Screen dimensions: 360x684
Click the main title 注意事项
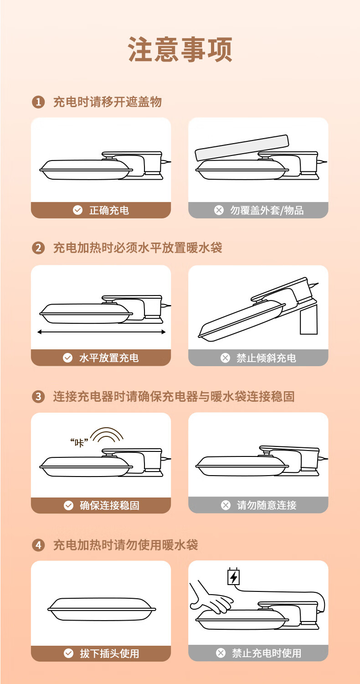pyautogui.click(x=180, y=49)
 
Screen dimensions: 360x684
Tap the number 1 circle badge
pyautogui.click(x=38, y=102)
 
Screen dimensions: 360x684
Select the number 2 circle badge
pyautogui.click(x=38, y=248)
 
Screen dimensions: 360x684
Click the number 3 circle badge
pyautogui.click(x=38, y=396)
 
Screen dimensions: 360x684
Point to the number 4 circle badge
pyautogui.click(x=38, y=545)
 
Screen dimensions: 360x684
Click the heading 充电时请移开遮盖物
pyautogui.click(x=108, y=102)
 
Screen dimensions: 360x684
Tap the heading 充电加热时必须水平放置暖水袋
pyautogui.click(x=138, y=248)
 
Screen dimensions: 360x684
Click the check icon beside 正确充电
pyautogui.click(x=78, y=210)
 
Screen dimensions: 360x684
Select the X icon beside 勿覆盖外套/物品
pyautogui.click(x=219, y=210)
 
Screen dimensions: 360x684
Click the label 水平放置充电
pyautogui.click(x=109, y=358)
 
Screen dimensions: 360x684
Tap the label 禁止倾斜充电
pyautogui.click(x=266, y=358)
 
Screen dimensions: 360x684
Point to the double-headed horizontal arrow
pyautogui.click(x=101, y=332)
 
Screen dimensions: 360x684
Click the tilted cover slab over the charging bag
pyautogui.click(x=242, y=147)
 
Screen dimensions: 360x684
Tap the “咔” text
pyautogui.click(x=79, y=442)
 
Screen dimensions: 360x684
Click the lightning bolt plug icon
pyautogui.click(x=234, y=576)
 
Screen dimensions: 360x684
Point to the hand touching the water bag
pyautogui.click(x=210, y=598)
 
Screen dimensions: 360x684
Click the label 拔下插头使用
pyautogui.click(x=109, y=653)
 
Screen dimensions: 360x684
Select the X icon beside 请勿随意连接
pyautogui.click(x=226, y=505)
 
